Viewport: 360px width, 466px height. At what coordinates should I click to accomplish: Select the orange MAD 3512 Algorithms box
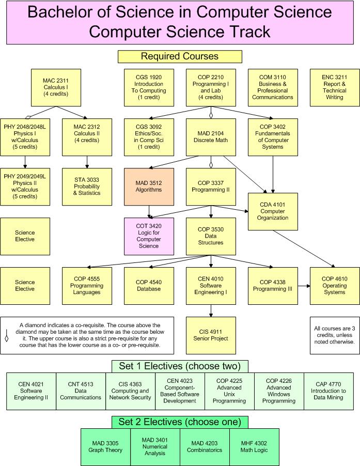[149, 186]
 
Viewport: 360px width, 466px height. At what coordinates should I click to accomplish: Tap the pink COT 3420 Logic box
[149, 236]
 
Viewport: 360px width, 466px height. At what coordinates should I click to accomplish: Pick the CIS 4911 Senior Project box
[211, 335]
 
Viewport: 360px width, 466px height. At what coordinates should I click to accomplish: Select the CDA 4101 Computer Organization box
[273, 211]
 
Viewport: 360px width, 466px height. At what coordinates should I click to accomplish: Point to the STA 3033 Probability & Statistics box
[87, 186]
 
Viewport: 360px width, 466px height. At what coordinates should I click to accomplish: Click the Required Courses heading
[180, 56]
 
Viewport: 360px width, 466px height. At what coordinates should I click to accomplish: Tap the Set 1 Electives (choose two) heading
[180, 366]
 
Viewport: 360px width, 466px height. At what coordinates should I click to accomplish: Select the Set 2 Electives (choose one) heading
[180, 422]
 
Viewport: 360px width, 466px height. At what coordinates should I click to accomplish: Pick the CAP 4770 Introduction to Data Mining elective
[328, 391]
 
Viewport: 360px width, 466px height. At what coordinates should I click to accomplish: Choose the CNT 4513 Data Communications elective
[81, 391]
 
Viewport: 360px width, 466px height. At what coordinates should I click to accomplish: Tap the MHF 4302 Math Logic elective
[254, 446]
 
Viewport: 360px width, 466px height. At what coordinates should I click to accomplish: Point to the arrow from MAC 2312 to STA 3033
[87, 162]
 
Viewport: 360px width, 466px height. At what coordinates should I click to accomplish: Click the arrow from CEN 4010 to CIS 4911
[211, 309]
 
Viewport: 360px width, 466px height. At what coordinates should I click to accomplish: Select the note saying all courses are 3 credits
[334, 335]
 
